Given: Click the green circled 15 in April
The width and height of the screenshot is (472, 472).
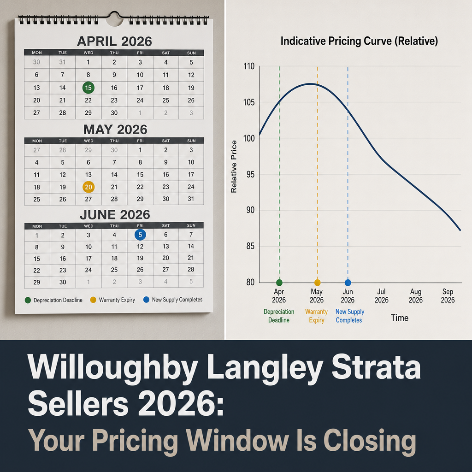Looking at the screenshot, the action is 88,88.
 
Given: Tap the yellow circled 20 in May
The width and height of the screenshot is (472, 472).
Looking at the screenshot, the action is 88,187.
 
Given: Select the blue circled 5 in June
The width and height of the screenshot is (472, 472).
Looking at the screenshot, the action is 140,235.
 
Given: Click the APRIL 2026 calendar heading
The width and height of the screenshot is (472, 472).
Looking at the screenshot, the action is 114,41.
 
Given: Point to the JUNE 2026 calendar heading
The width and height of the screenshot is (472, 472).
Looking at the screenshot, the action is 115,215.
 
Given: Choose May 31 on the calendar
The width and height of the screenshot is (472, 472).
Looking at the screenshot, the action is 191,199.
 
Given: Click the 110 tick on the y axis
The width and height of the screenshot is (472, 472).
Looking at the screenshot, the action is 249,66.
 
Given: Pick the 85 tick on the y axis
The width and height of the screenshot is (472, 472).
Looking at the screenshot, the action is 250,246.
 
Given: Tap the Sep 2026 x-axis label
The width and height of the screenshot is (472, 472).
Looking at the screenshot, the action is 448,295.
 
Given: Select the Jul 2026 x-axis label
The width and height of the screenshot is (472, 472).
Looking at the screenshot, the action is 381,295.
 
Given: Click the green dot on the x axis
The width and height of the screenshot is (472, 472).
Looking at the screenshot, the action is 279,283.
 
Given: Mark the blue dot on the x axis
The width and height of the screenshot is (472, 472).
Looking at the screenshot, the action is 348,283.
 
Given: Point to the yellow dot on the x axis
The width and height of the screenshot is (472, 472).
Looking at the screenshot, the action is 318,283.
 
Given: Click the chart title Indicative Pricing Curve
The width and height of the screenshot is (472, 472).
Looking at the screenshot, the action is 359,41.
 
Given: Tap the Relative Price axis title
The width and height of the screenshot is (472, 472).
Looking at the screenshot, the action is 234,166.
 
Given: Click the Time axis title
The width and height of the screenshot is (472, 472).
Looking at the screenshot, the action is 400,318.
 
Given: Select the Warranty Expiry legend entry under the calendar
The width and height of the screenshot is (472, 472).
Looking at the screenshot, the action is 112,300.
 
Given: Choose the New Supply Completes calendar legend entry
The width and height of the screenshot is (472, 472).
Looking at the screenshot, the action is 173,300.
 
